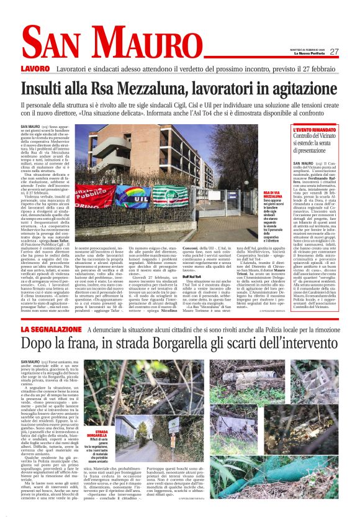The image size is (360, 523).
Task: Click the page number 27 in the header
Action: (x=334, y=52)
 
